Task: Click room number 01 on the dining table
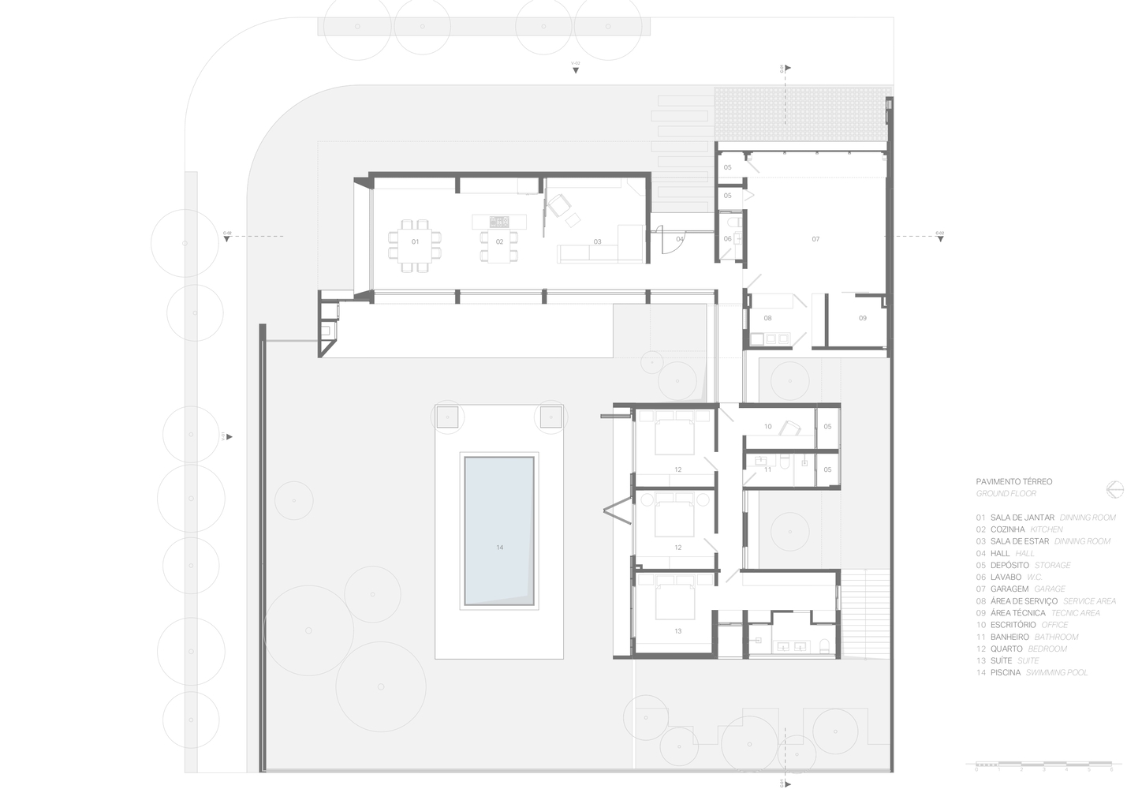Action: pyautogui.click(x=415, y=241)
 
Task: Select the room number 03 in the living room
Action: pyautogui.click(x=597, y=241)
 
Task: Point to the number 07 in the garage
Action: pyautogui.click(x=815, y=238)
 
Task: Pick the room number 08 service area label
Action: pyautogui.click(x=767, y=318)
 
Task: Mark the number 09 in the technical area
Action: pyautogui.click(x=862, y=318)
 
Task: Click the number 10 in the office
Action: pyautogui.click(x=767, y=426)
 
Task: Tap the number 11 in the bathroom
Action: pyautogui.click(x=767, y=469)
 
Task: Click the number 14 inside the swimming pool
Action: pyautogui.click(x=499, y=547)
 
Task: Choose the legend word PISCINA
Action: pyautogui.click(x=1006, y=672)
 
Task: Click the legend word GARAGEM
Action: pyautogui.click(x=1009, y=589)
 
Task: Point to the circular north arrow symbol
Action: pyautogui.click(x=1114, y=489)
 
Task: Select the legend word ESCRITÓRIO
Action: pyautogui.click(x=1013, y=624)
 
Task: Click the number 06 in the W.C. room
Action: pyautogui.click(x=727, y=238)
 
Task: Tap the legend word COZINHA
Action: pyautogui.click(x=1007, y=529)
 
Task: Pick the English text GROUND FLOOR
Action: pyautogui.click(x=1006, y=493)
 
